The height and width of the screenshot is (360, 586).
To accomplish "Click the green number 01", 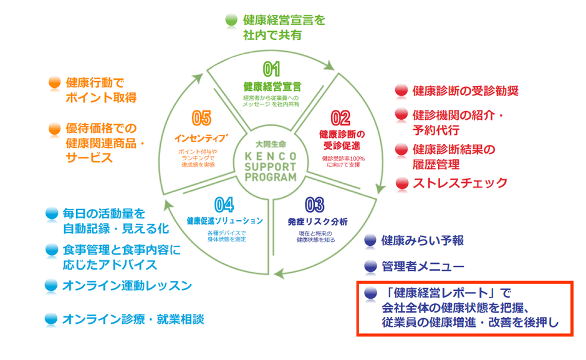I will [272, 68].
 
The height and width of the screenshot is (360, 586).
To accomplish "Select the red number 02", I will [340, 118].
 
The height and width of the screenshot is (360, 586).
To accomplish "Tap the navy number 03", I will [315, 204].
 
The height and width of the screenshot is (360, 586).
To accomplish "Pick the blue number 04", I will [224, 204].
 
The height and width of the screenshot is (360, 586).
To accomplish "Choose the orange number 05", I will [201, 118].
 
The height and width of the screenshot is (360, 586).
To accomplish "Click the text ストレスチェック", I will [460, 183].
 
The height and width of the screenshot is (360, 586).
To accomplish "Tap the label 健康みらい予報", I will [423, 240].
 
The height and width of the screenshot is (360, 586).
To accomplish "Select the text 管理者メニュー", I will [423, 266].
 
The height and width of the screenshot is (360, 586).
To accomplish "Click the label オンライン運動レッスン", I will [127, 286].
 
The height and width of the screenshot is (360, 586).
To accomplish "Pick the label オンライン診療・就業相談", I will [133, 319].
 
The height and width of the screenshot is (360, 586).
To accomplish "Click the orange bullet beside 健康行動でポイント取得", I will [55, 82].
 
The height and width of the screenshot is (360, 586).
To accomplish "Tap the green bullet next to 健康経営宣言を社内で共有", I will [231, 20].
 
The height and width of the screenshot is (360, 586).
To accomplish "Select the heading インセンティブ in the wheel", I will [201, 136].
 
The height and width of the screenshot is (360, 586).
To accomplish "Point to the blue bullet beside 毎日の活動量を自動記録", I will [52, 213].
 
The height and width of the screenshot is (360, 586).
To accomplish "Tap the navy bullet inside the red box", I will [371, 293].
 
